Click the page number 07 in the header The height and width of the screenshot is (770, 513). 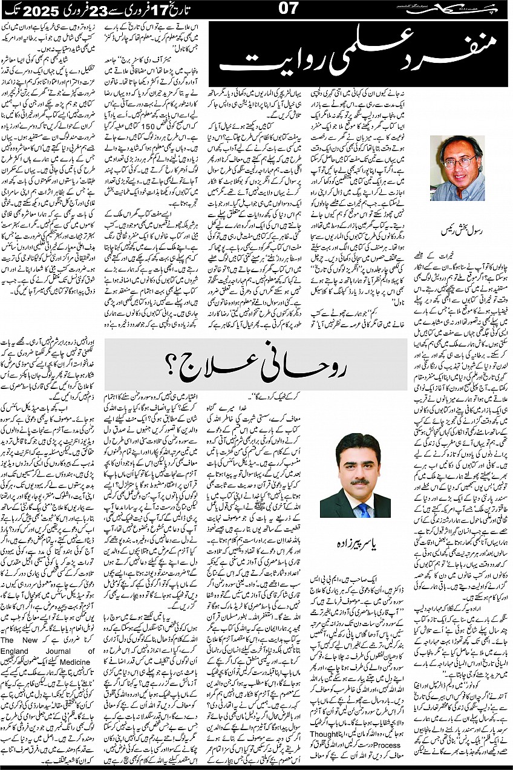[x=256, y=10]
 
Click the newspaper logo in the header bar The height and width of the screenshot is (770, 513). [x=471, y=9]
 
